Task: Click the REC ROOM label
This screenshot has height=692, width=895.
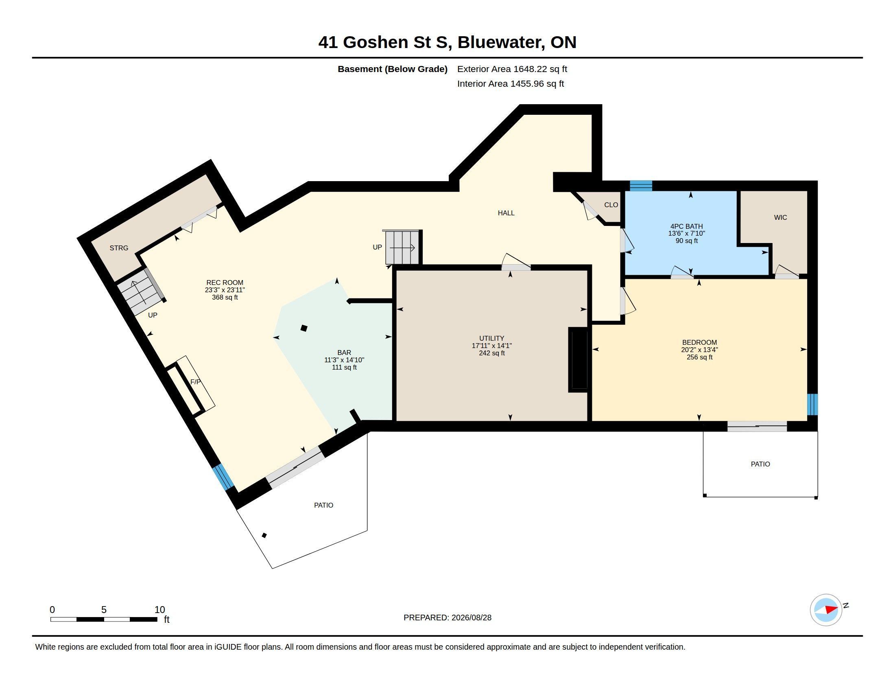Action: [225, 282]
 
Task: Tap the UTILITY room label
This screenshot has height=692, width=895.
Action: [491, 338]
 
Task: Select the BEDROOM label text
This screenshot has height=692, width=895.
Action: [700, 342]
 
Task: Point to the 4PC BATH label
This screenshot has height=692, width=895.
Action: [686, 226]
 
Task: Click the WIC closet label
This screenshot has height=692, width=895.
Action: [780, 217]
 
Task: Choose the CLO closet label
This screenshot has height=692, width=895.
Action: [611, 205]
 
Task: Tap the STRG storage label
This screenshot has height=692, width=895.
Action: [119, 248]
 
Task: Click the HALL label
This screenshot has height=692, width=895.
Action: [506, 213]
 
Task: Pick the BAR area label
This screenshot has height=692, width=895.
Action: [344, 353]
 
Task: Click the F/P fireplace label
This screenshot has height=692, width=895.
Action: [195, 382]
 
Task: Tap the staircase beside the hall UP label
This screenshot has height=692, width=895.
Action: [402, 247]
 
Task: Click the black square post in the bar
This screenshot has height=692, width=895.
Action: [304, 328]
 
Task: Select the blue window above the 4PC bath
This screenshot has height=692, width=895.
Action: [641, 186]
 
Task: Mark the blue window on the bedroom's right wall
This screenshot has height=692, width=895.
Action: [813, 405]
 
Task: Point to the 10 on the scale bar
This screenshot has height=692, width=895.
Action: [160, 610]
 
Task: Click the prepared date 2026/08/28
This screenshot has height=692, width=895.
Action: [471, 618]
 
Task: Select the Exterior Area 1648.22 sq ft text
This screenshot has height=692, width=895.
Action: [512, 69]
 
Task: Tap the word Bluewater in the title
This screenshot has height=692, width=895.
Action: [501, 42]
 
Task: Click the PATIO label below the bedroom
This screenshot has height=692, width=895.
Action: [760, 464]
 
